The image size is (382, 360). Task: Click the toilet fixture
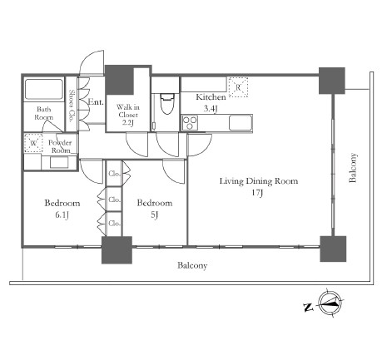(x=167, y=103)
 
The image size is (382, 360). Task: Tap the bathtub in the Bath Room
(x=44, y=89)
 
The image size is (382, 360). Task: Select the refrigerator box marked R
(x=238, y=87)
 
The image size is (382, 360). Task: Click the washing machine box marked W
(x=33, y=143)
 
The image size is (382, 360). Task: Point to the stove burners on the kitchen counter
(x=190, y=123)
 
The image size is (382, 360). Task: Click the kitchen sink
(x=241, y=123)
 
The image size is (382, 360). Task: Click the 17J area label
(x=257, y=193)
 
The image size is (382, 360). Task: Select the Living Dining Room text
(x=259, y=181)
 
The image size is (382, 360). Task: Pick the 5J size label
(x=155, y=215)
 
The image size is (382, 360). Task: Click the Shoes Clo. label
(x=72, y=106)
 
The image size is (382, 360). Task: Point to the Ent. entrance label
(x=96, y=102)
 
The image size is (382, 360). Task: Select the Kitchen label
(x=211, y=97)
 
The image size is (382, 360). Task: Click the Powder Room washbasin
(x=59, y=162)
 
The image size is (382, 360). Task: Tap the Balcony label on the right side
(x=353, y=168)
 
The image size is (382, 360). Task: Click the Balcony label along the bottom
(x=192, y=265)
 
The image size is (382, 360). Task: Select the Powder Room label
(x=60, y=146)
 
